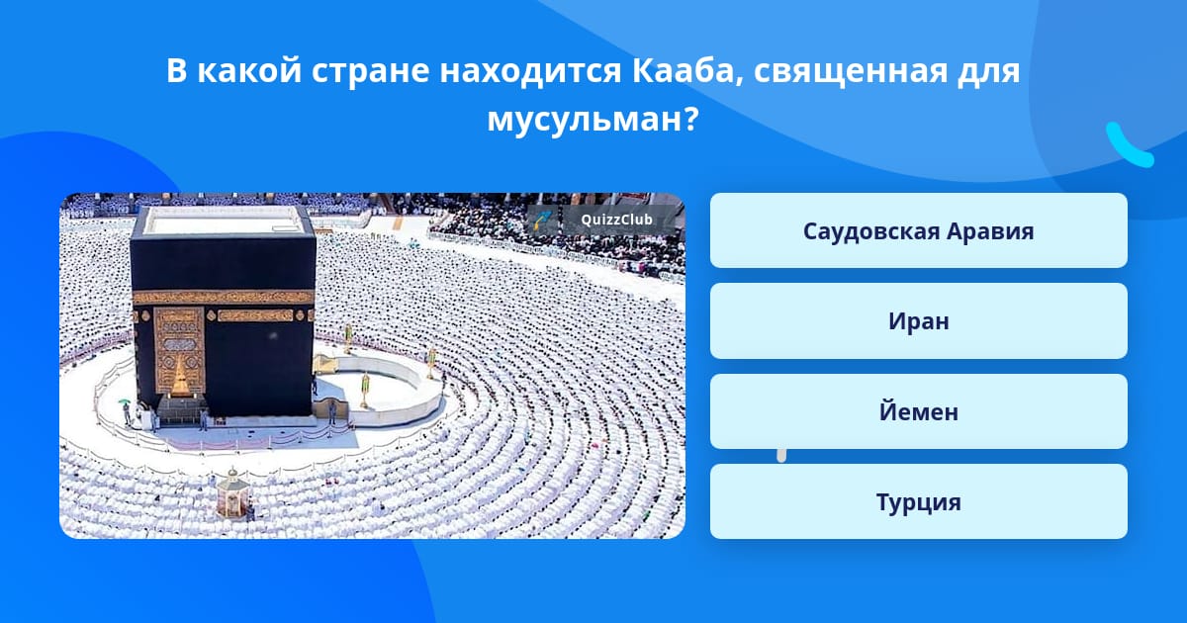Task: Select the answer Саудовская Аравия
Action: [918, 230]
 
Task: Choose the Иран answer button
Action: [918, 321]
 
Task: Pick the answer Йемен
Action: [918, 411]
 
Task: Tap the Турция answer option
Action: [918, 501]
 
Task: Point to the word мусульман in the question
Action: [584, 120]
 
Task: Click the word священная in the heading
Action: [850, 72]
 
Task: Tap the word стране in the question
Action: [370, 72]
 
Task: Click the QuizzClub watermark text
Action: [617, 220]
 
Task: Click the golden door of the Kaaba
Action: [179, 351]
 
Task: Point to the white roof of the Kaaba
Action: [225, 220]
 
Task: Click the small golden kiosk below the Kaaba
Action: [232, 492]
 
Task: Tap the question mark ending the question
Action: [690, 119]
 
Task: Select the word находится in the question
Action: [530, 72]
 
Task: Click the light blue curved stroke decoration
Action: [1129, 145]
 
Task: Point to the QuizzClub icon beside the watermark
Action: [543, 220]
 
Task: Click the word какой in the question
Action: [249, 71]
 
